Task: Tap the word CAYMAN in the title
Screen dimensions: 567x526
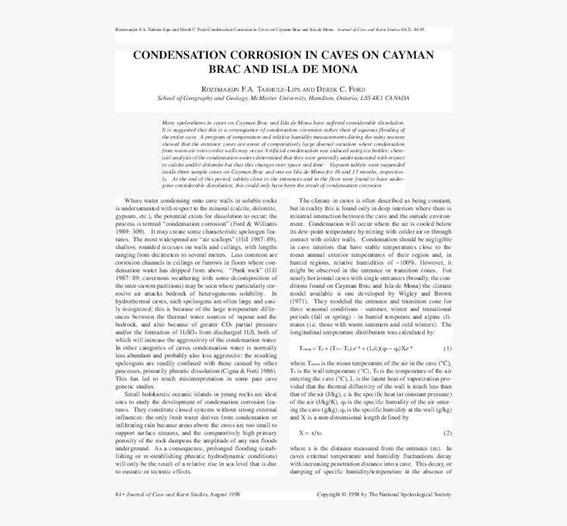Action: pos(406,55)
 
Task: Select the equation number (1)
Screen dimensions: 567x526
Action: pos(447,348)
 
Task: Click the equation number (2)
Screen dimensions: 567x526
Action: pos(447,433)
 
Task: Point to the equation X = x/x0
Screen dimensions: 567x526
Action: pos(311,433)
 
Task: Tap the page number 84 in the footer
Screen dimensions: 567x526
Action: pos(119,494)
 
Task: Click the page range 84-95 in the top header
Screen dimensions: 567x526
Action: pos(418,30)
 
